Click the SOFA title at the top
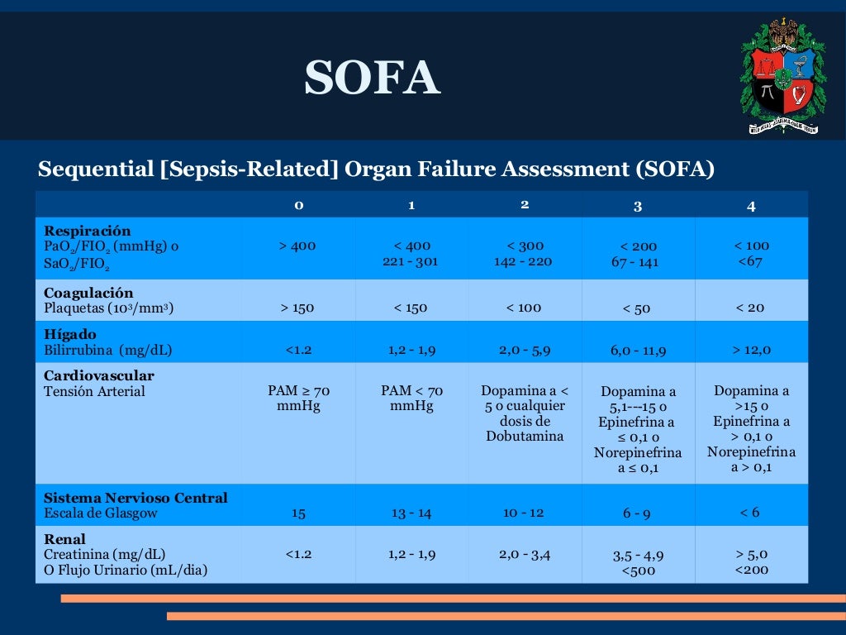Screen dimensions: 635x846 (372, 79)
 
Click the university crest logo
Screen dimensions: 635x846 (782, 78)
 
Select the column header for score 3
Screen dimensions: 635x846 (637, 207)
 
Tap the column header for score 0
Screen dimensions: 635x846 (299, 205)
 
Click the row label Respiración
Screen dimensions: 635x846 (88, 231)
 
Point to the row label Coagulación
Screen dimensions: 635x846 (88, 293)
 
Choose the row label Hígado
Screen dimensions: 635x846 (70, 334)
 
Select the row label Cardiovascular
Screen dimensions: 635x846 (99, 375)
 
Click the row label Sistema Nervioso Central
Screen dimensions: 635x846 (135, 498)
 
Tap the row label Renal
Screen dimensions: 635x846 (65, 539)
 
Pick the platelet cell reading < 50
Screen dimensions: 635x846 (637, 308)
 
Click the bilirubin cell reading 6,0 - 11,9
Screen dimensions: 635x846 (638, 351)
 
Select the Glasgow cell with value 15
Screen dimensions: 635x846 (299, 513)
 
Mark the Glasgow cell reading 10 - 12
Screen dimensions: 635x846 (524, 513)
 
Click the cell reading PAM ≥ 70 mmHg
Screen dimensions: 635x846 (299, 398)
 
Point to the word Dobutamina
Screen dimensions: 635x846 (525, 437)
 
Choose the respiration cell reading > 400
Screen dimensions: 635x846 (298, 246)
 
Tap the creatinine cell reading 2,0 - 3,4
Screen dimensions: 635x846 (525, 554)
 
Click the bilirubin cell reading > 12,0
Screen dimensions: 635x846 (750, 350)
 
